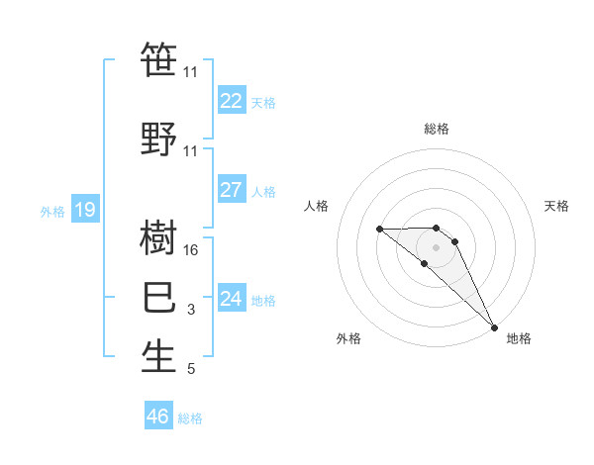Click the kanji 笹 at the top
(x=159, y=59)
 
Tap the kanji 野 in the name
(x=159, y=137)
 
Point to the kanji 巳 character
(x=159, y=297)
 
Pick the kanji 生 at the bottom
(x=159, y=356)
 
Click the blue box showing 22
(x=231, y=101)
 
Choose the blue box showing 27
(x=231, y=191)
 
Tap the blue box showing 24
(x=231, y=299)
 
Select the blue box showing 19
(x=84, y=210)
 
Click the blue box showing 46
(x=157, y=417)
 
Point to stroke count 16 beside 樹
(x=192, y=251)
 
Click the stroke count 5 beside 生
(x=191, y=370)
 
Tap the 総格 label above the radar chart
(x=437, y=129)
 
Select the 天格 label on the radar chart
(x=557, y=206)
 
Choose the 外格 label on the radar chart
(x=348, y=338)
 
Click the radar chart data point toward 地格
(x=493, y=325)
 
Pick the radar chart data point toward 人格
(x=380, y=229)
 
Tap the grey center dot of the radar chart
(x=436, y=246)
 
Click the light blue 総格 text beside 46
(x=190, y=418)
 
